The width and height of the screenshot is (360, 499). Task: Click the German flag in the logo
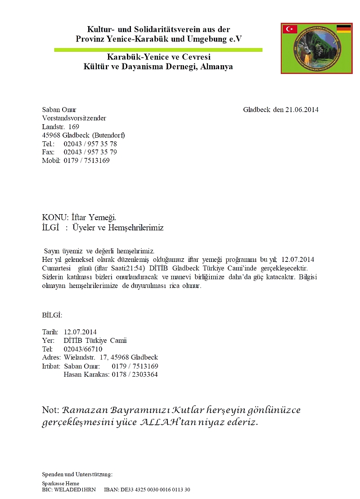tap(344, 29)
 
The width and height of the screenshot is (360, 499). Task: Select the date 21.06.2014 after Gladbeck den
tap(302, 109)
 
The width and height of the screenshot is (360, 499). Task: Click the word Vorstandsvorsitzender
tap(74, 118)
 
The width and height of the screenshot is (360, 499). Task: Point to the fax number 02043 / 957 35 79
tap(90, 152)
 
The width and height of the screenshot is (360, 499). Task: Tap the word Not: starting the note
tap(50, 410)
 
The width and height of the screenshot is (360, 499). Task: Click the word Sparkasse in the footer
tap(52, 484)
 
